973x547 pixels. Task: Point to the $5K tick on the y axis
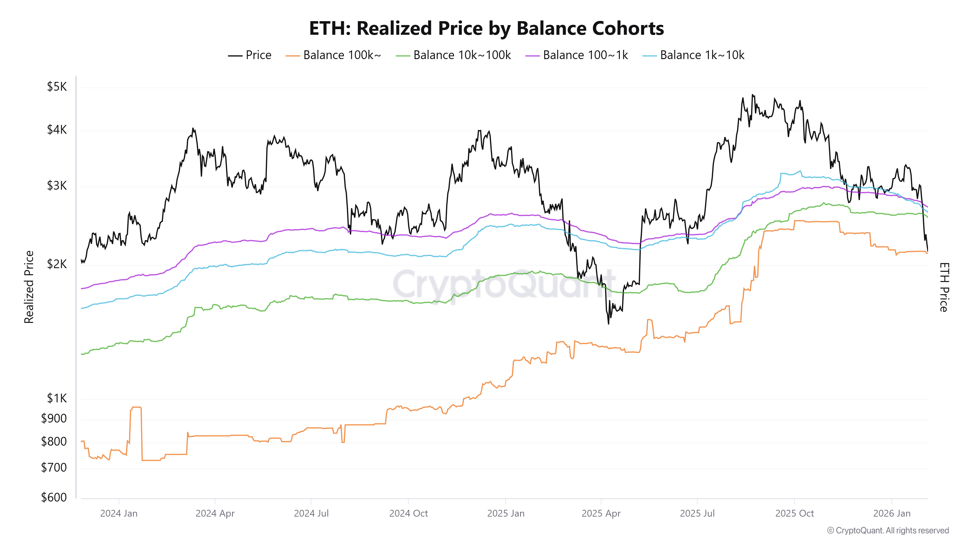coord(57,87)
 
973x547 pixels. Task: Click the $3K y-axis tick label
coord(57,186)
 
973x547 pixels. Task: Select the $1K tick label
coord(57,398)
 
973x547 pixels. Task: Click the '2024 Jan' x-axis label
coord(119,513)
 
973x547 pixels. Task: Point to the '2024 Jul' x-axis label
coord(311,513)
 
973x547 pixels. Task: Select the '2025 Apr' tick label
coord(601,513)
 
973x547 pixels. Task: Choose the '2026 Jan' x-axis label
coord(892,513)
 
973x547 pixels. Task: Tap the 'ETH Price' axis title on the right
coord(944,287)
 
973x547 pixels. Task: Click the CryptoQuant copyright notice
coord(888,530)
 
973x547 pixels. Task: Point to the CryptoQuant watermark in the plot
coord(504,284)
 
